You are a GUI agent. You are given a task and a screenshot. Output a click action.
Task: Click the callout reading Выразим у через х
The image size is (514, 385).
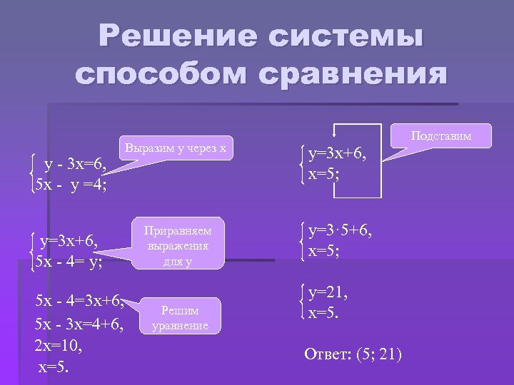[176, 148]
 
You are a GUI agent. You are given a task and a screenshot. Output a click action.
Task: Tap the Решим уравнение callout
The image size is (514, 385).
[180, 318]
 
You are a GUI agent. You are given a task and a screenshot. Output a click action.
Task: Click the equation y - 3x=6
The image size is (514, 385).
[75, 166]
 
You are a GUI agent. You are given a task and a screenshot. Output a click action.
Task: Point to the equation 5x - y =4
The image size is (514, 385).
[71, 185]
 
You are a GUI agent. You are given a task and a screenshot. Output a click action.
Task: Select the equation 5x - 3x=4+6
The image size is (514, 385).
[79, 325]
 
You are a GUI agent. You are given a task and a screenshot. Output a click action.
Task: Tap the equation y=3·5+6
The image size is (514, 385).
[341, 230]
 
